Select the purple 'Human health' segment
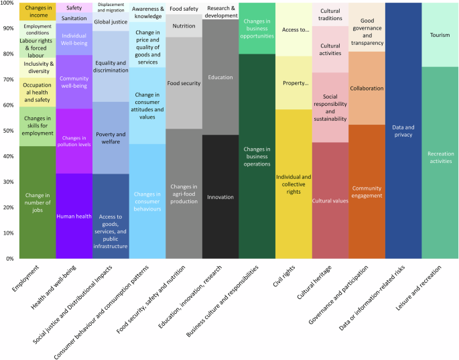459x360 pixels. tap(74, 216)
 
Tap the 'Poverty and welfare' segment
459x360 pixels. tap(111, 138)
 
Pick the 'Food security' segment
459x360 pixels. tap(184, 83)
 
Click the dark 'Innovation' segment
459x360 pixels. tap(220, 197)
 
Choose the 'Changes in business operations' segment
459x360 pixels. tap(257, 156)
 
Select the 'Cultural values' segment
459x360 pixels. tap(330, 200)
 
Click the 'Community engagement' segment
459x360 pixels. tap(367, 192)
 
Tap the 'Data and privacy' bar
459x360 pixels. tap(403, 130)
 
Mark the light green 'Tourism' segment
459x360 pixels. tap(440, 35)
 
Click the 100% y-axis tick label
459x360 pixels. tap(9, 3)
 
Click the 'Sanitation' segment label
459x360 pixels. tap(74, 18)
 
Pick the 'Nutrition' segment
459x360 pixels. tap(184, 26)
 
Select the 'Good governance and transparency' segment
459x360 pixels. tap(367, 32)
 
